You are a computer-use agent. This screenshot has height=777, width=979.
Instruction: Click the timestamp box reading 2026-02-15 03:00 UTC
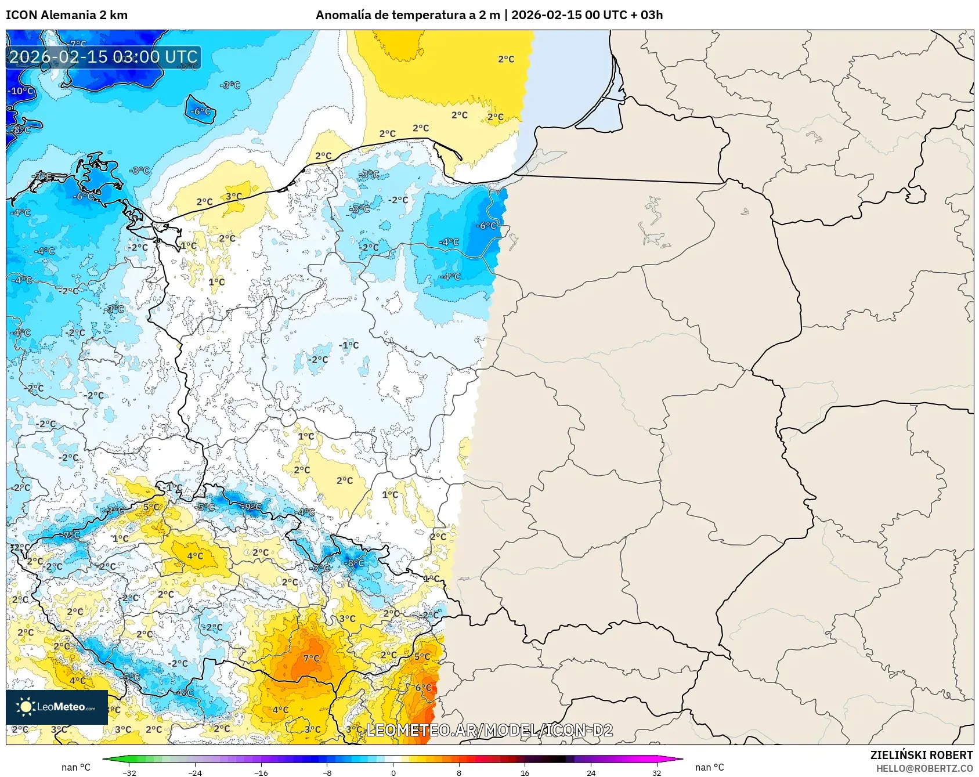[x=103, y=57]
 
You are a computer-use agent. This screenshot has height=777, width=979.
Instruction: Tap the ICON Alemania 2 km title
[x=67, y=15]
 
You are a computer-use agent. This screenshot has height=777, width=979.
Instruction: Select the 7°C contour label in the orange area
[x=312, y=658]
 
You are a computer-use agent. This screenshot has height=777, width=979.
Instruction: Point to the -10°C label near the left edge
[x=21, y=91]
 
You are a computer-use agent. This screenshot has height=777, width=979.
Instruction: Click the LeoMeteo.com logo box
[x=57, y=707]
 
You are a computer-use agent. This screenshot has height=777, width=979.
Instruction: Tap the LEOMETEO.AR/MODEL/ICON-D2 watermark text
[x=490, y=730]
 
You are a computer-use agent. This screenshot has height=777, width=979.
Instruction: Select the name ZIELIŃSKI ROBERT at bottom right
[x=921, y=755]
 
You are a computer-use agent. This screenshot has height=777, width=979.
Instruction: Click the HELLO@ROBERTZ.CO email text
[x=924, y=768]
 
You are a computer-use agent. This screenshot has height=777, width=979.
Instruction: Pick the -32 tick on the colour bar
[x=129, y=772]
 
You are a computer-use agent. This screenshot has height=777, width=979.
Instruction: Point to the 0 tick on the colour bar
[x=393, y=772]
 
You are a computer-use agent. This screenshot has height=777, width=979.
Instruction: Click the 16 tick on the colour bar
[x=525, y=772]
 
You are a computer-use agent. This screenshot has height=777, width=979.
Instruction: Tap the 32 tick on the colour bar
[x=656, y=772]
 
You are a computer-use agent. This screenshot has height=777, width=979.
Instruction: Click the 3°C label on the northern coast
[x=234, y=197]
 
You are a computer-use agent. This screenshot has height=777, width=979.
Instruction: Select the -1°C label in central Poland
[x=349, y=345]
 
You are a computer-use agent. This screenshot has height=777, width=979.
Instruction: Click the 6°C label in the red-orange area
[x=424, y=688]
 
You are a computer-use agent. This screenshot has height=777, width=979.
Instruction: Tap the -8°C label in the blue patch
[x=355, y=563]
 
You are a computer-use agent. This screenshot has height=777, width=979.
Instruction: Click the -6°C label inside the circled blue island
[x=201, y=111]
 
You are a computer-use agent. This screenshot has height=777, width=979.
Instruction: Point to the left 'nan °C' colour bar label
[x=76, y=767]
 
